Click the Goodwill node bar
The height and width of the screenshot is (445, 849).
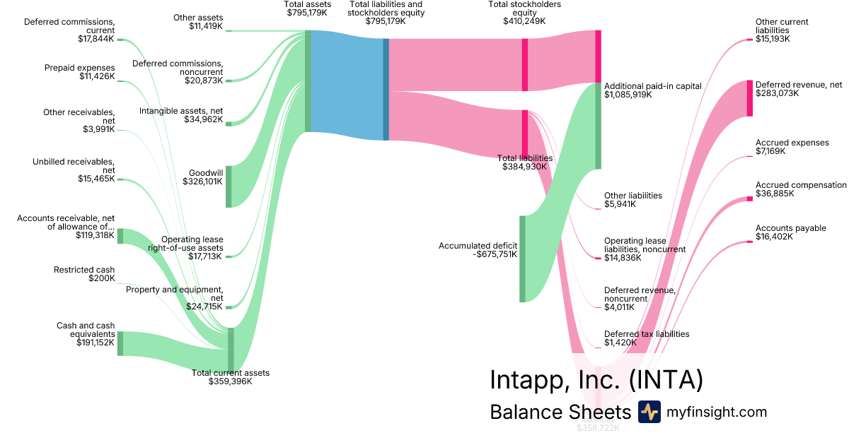[x=229, y=186]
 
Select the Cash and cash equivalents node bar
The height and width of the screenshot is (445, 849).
[x=120, y=343]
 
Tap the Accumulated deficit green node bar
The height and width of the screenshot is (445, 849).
[x=523, y=259]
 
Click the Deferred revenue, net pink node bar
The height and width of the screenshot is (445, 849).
[x=750, y=98]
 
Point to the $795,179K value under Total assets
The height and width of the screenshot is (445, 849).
[x=307, y=13]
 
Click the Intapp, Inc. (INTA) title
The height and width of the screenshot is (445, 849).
[x=596, y=380]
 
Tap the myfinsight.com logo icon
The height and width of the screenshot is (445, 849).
[x=649, y=412]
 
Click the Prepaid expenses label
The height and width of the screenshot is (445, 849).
[x=79, y=68]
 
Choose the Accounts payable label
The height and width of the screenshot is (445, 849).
[x=790, y=228]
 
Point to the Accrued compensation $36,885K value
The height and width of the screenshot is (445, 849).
[x=774, y=194]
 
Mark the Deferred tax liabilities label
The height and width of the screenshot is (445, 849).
[x=646, y=334]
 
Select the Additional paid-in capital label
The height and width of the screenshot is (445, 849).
[x=652, y=86]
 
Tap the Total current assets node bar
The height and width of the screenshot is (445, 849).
[x=231, y=350]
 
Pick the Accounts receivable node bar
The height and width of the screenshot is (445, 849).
[x=120, y=236]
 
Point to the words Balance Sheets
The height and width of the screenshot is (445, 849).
[x=560, y=413]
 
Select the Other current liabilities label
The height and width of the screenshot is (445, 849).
[x=782, y=26]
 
